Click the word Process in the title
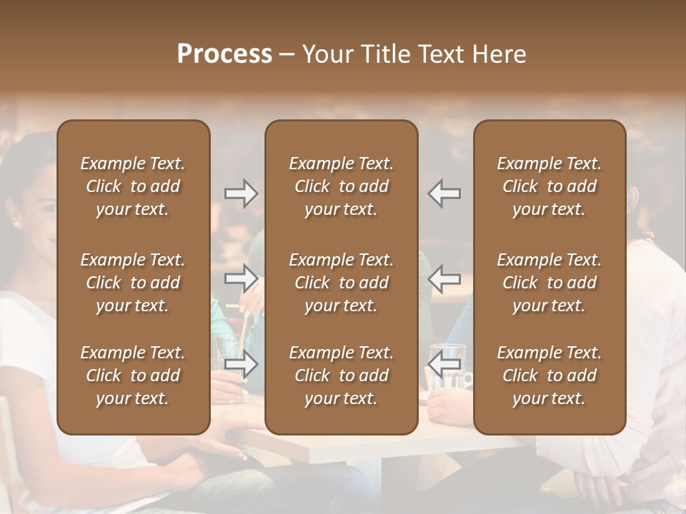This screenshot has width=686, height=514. coord(224,54)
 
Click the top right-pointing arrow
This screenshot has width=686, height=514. coord(242,193)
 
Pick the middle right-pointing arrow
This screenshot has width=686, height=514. coord(242,278)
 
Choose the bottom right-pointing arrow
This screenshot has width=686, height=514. coord(242,365)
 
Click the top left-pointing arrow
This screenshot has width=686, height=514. coord(444,193)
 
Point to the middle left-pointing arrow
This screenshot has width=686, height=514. coord(444,278)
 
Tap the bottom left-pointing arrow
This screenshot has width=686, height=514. coord(444,365)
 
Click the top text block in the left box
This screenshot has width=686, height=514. coord(133,186)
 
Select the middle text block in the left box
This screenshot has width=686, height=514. coord(133,283)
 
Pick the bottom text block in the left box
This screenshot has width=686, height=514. coord(133,376)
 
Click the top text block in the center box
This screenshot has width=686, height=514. coord(341,186)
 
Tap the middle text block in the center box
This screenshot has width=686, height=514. coord(341,283)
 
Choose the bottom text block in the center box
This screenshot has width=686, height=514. coord(341,376)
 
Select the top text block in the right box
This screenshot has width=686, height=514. coord(549,186)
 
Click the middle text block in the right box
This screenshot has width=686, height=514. coord(549,283)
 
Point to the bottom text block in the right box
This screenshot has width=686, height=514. coord(549,376)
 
